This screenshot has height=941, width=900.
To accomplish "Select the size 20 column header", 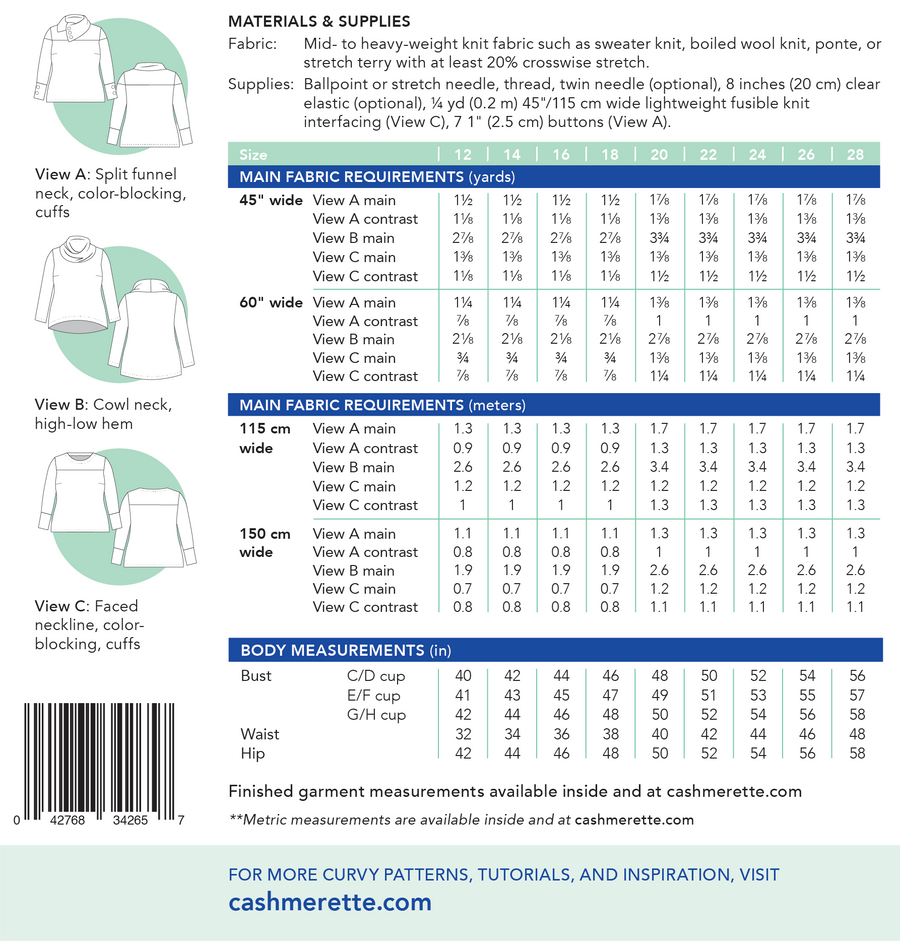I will tap(660, 155).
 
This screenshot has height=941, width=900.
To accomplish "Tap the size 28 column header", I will tap(856, 155).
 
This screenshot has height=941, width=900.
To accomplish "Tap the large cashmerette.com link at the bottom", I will tap(330, 901).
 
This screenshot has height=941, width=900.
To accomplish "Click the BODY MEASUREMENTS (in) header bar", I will tap(346, 650).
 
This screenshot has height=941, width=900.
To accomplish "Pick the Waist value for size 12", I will tap(464, 734).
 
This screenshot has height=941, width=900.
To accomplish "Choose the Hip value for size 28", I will tap(856, 753).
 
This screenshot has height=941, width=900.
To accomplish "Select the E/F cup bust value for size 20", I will tap(660, 696).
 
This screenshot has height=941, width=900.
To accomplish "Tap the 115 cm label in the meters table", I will tap(265, 429).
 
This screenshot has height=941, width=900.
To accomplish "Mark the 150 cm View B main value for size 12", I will tap(464, 570).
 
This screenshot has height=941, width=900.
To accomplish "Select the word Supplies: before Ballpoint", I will tap(257, 85).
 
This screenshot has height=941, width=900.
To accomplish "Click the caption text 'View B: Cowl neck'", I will tap(103, 405).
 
